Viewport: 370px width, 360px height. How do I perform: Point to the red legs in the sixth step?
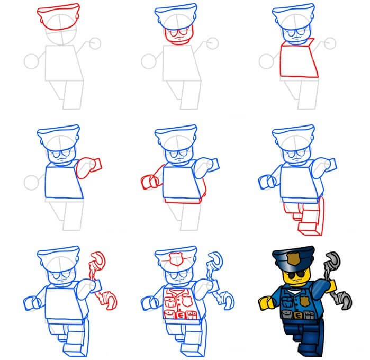304,217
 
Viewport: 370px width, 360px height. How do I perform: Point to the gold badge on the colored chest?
306,300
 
